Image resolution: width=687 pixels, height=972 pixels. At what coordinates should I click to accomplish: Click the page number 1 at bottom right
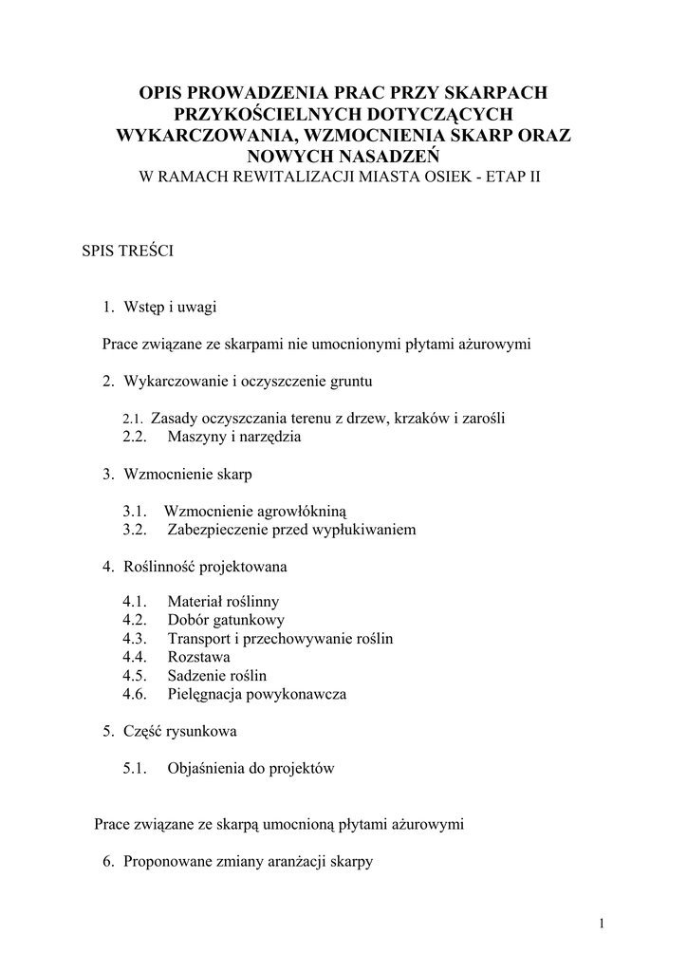[x=602, y=924]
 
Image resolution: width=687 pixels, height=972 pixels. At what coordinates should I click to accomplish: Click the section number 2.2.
[x=137, y=437]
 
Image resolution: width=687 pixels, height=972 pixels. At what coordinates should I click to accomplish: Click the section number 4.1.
[x=137, y=602]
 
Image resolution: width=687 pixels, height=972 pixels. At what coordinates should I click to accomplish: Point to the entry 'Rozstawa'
[x=198, y=657]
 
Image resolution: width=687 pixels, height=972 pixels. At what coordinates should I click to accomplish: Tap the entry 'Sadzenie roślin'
[x=217, y=676]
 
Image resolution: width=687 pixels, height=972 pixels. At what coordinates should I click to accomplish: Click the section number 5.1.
[x=137, y=768]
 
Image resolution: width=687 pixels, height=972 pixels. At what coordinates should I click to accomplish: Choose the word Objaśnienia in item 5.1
[x=207, y=768]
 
